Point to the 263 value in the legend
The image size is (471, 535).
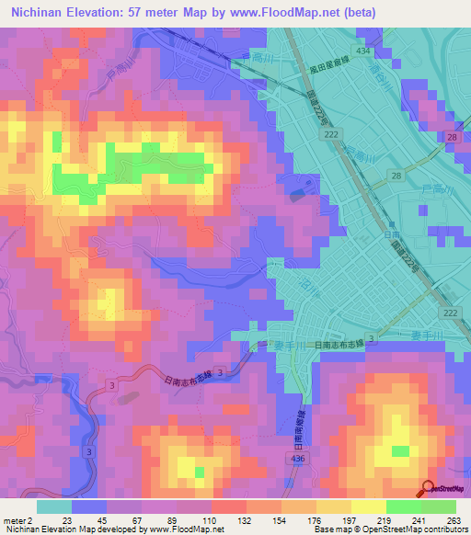[453, 519]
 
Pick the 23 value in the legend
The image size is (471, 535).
[67, 519]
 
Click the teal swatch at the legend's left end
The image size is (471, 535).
[53, 507]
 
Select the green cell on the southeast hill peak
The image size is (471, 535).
[400, 451]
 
